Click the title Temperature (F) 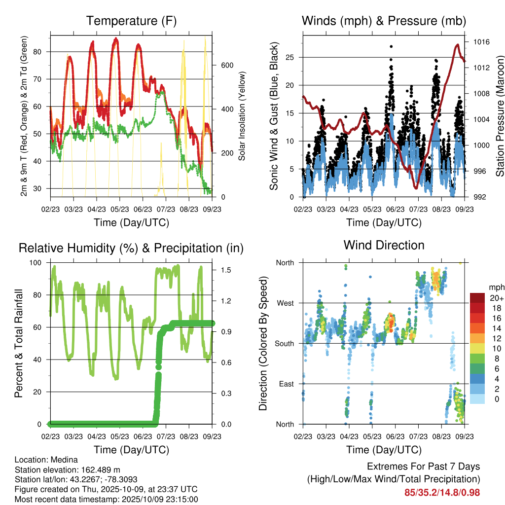(x=131, y=21)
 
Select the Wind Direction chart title (x=384, y=245)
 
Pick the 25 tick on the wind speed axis (x=290, y=57)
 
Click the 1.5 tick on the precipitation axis (x=222, y=270)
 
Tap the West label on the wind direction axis (x=285, y=303)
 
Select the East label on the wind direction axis (x=285, y=384)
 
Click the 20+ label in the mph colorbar (x=496, y=298)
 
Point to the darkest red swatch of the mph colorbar (x=477, y=298)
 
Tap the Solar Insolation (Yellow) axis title (x=242, y=116)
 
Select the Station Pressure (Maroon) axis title (x=500, y=116)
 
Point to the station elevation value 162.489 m (x=96, y=469)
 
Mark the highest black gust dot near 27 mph (x=391, y=46)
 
